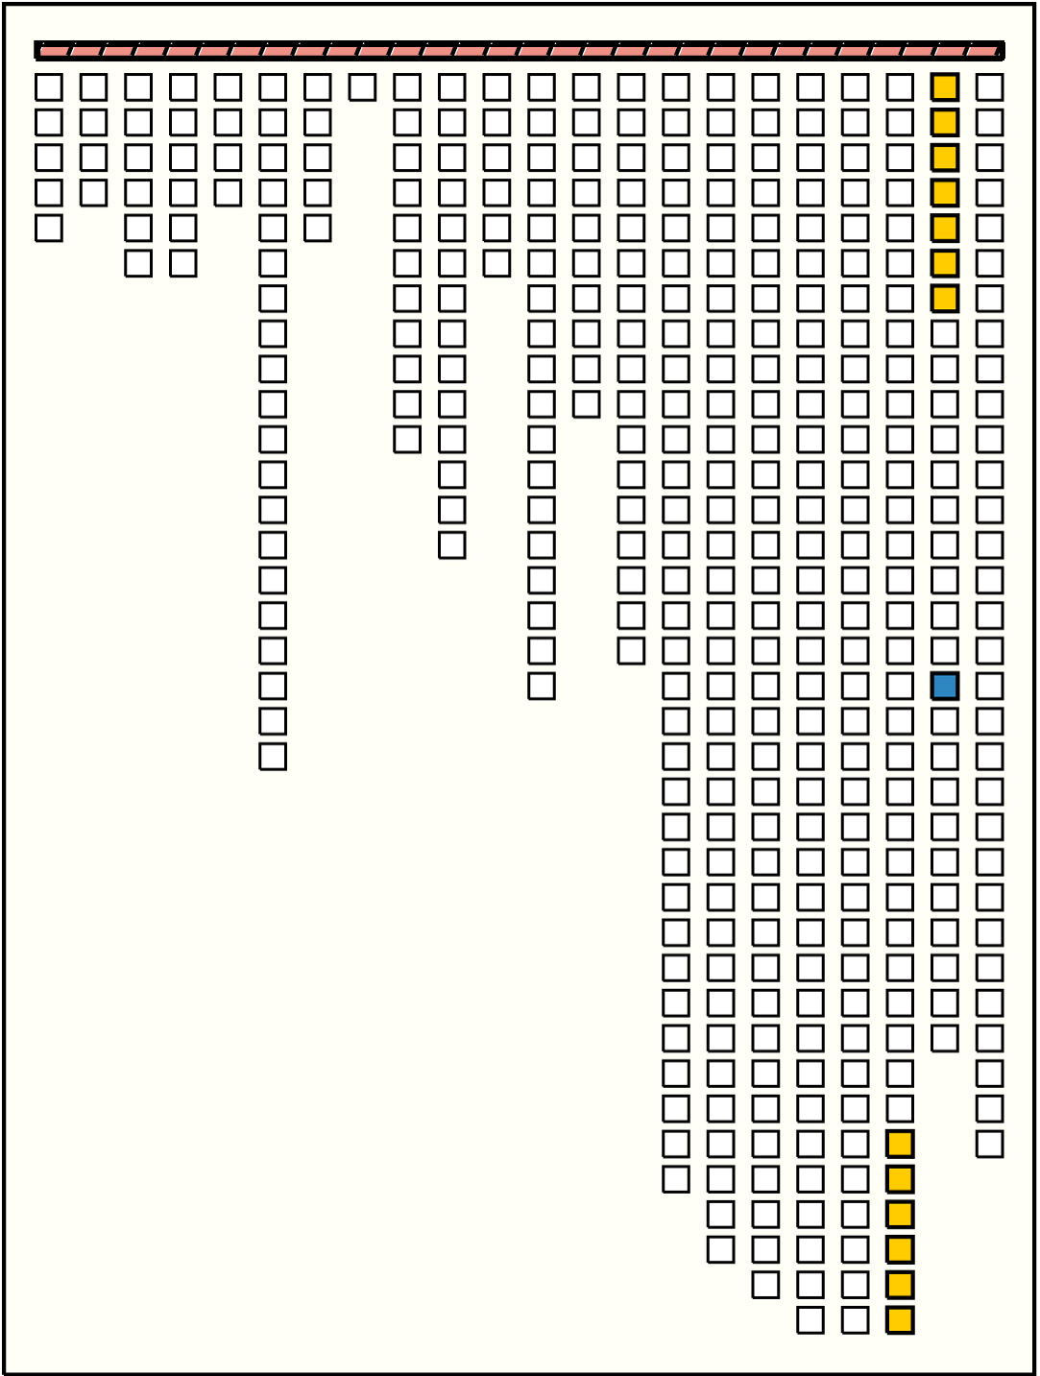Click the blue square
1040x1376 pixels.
[x=945, y=686]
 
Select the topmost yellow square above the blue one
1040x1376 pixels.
[x=945, y=87]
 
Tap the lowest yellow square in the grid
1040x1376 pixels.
[x=900, y=1319]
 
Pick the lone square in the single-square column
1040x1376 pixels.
[x=362, y=87]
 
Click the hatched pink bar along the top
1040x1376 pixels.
[x=520, y=50]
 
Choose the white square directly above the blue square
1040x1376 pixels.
[x=945, y=650]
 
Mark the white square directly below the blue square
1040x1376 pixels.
[x=945, y=721]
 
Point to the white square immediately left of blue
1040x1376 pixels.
[x=900, y=686]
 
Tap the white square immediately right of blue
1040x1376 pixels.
[x=990, y=686]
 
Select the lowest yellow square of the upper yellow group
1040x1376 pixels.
[x=945, y=299]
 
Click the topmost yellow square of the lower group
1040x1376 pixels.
[x=900, y=1144]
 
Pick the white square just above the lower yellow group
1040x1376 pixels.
[x=900, y=1108]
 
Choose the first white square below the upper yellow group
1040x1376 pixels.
[x=945, y=333]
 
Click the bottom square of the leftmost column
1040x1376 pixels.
[x=49, y=228]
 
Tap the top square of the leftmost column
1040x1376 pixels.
[x=49, y=87]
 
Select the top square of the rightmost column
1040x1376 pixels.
[x=990, y=87]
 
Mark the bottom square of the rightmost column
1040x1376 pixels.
[x=990, y=1144]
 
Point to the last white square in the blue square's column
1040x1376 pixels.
[x=945, y=1038]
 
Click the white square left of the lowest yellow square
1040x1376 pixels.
[x=856, y=1319]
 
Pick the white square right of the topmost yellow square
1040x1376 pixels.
[x=990, y=87]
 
